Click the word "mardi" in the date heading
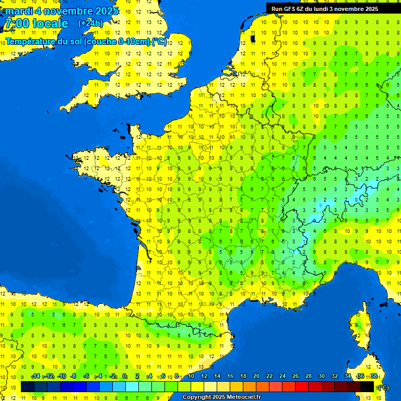click(19, 11)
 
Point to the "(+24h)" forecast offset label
click(91, 23)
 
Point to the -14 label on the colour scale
click(36, 376)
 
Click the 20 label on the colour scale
click(256, 376)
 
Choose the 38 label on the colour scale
click(374, 376)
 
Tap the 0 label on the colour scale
click(124, 376)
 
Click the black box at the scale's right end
click(367, 386)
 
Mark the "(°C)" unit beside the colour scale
click(383, 387)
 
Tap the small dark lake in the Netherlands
click(253, 38)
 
